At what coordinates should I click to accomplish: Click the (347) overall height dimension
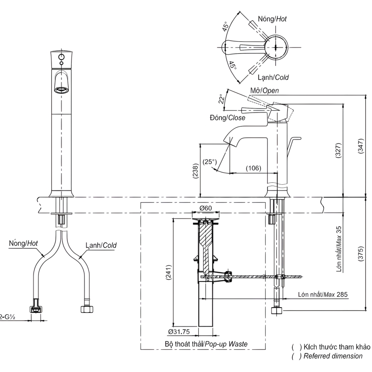tap(360, 146)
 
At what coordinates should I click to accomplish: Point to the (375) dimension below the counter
tap(360, 254)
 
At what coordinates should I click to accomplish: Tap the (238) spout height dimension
tap(196, 171)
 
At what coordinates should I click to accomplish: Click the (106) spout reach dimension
tap(253, 168)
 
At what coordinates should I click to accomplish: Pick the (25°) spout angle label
tap(210, 162)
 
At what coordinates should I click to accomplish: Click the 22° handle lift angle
tap(221, 99)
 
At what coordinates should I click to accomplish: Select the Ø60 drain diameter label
tap(205, 208)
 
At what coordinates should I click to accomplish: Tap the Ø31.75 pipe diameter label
tap(179, 331)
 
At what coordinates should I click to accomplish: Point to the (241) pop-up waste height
tap(169, 273)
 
